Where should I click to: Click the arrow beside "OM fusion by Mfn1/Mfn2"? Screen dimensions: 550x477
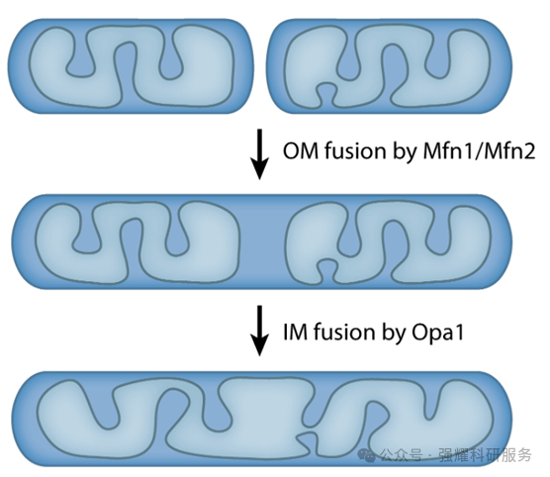(259, 154)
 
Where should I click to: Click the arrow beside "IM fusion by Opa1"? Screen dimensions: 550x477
(259, 331)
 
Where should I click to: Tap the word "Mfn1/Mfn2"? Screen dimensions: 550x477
(479, 151)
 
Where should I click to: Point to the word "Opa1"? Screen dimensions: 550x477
(437, 333)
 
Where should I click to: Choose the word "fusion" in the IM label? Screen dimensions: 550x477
(344, 332)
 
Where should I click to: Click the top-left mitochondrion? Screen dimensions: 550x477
(131, 66)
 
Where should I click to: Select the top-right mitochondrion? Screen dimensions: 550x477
(389, 66)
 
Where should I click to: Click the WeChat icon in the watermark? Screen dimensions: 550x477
(367, 455)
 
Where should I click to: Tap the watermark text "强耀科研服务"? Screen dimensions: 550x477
(485, 455)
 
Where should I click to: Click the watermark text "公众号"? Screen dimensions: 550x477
(402, 455)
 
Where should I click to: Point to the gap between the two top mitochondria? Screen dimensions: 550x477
(259, 66)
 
